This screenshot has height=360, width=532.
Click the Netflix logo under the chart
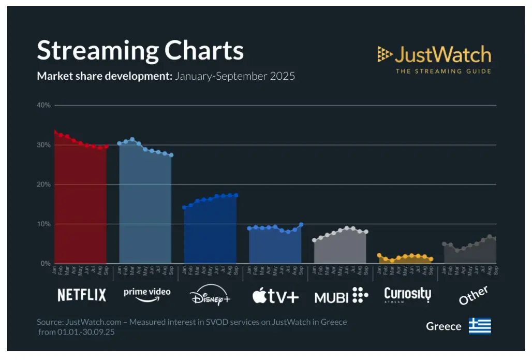pyautogui.click(x=82, y=295)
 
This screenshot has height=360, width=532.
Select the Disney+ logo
pyautogui.click(x=210, y=296)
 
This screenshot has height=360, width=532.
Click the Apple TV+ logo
pyautogui.click(x=275, y=296)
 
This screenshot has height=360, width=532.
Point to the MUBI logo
pyautogui.click(x=341, y=296)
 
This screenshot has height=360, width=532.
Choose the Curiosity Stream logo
pyautogui.click(x=407, y=295)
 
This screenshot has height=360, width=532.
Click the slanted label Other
pyautogui.click(x=473, y=295)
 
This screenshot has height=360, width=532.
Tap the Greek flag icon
pyautogui.click(x=480, y=326)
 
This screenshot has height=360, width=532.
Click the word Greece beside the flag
pyautogui.click(x=444, y=326)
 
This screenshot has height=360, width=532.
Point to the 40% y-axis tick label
pyautogui.click(x=43, y=105)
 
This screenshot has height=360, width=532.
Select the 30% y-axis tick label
pyautogui.click(x=43, y=145)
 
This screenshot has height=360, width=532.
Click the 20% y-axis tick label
pyautogui.click(x=43, y=184)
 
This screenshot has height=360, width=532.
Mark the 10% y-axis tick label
pyautogui.click(x=43, y=224)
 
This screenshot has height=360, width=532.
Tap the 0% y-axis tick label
pyautogui.click(x=46, y=264)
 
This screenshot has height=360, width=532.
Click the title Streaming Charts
pyautogui.click(x=140, y=51)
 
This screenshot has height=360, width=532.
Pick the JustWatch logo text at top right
pyautogui.click(x=442, y=54)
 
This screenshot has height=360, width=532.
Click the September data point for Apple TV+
pyautogui.click(x=301, y=225)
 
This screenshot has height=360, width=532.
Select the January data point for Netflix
pyautogui.click(x=55, y=132)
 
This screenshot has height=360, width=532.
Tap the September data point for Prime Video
pyautogui.click(x=171, y=155)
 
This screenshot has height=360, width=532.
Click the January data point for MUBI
pyautogui.click(x=314, y=240)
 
